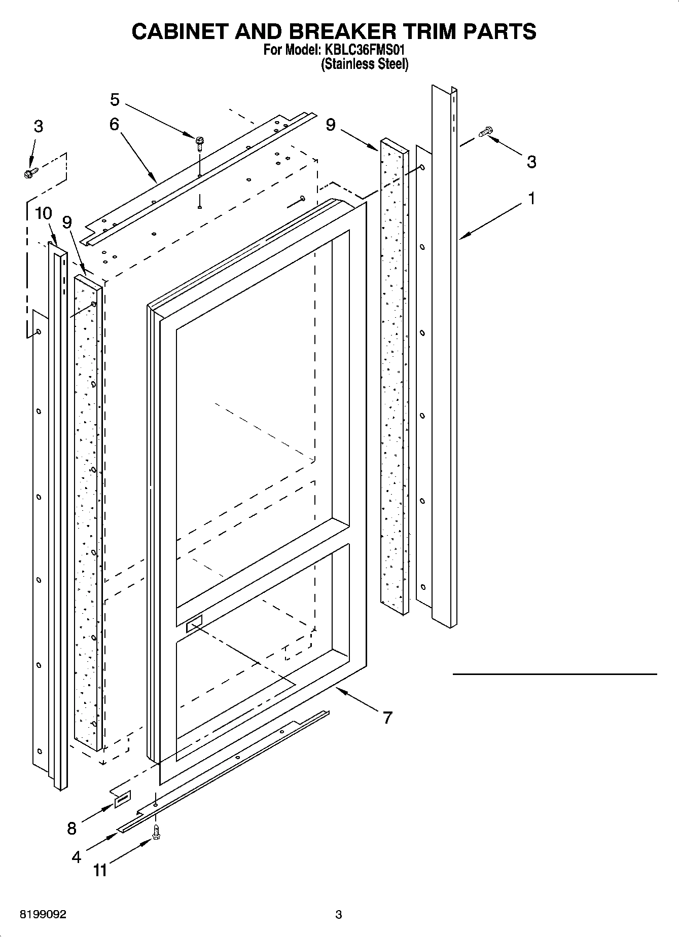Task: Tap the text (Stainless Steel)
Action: (x=365, y=64)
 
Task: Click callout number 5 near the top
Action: (x=115, y=100)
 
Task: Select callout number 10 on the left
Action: (x=44, y=213)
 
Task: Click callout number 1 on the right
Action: (x=531, y=199)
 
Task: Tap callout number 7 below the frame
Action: (x=387, y=718)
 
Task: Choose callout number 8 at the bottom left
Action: (x=72, y=828)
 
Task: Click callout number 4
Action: (x=76, y=857)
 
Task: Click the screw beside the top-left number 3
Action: (x=30, y=173)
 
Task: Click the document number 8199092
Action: (x=43, y=915)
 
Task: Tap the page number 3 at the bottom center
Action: (x=339, y=915)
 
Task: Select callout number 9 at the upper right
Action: (x=331, y=124)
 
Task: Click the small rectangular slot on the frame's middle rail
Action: (x=194, y=623)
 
